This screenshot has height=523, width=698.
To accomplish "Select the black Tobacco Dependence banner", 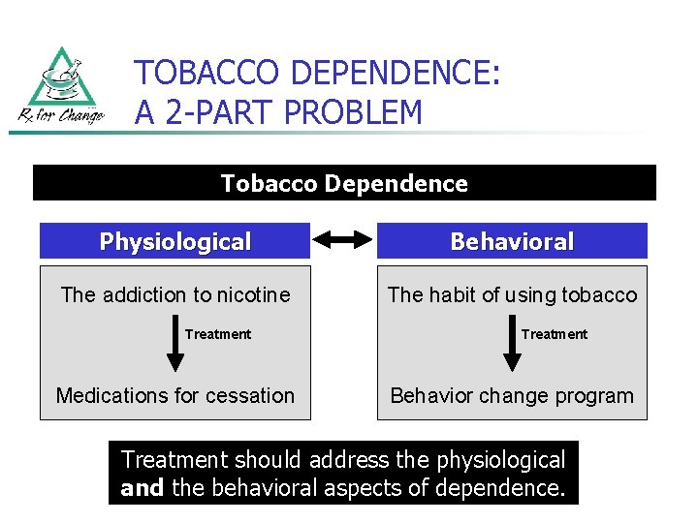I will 344,183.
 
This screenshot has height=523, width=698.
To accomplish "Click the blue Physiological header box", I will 174,241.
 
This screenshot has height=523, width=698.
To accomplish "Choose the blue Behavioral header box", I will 512,241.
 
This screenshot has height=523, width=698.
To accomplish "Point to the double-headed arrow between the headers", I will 343,241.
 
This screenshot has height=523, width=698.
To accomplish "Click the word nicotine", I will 254,294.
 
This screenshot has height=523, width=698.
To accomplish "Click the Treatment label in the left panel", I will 218,334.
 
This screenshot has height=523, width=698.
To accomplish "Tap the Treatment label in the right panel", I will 555,334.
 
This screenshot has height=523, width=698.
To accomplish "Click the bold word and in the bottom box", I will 142,487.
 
